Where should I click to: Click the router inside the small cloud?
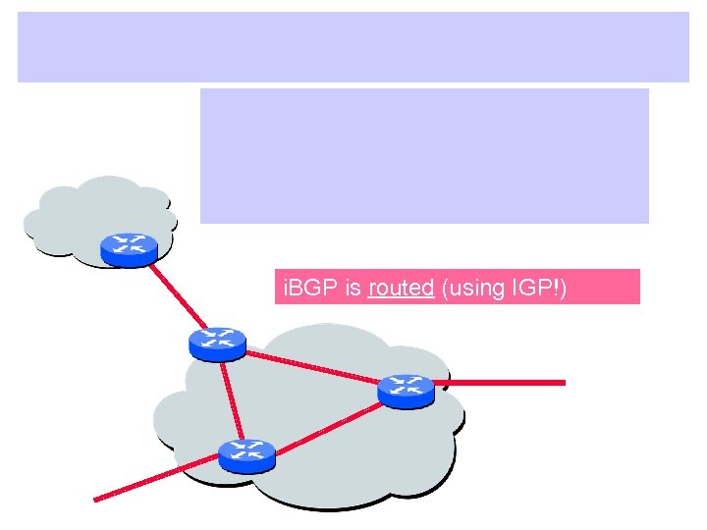(x=129, y=248)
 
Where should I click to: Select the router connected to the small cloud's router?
(x=216, y=341)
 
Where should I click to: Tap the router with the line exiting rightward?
(x=406, y=390)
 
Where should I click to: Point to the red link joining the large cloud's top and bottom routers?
(x=231, y=397)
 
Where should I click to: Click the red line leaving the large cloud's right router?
(x=501, y=383)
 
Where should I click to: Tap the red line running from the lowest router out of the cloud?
(x=157, y=480)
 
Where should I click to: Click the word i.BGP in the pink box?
(x=302, y=288)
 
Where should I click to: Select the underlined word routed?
(x=401, y=288)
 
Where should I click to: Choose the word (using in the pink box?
(x=469, y=288)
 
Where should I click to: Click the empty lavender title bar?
(x=353, y=46)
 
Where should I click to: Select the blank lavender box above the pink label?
(x=424, y=155)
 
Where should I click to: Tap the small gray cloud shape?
(x=69, y=211)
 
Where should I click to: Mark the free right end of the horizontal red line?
(x=565, y=382)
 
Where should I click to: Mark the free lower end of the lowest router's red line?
(x=95, y=499)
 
